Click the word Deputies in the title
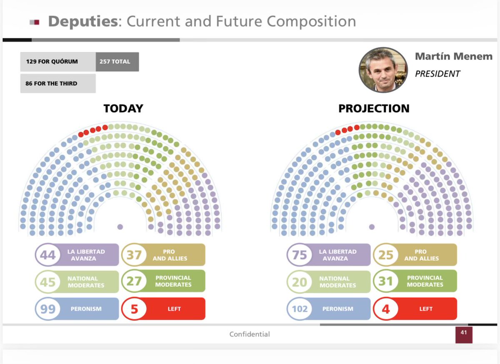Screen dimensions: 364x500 (x=82, y=21)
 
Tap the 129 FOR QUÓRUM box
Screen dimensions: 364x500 (x=57, y=62)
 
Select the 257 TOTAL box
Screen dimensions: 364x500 (x=117, y=62)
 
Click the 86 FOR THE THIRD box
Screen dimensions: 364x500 (x=57, y=83)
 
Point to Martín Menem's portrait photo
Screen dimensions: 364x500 (x=383, y=70)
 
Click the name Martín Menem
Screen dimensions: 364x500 (x=453, y=56)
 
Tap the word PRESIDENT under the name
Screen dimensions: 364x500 (x=437, y=74)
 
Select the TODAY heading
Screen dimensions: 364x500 (x=123, y=109)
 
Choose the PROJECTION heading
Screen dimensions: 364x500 (x=374, y=109)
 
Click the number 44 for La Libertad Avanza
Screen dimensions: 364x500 (x=48, y=255)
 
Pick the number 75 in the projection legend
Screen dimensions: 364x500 (x=300, y=255)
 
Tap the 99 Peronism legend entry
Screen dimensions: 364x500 (x=77, y=309)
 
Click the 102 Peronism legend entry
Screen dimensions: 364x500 (x=328, y=309)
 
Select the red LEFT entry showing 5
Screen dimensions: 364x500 (x=163, y=309)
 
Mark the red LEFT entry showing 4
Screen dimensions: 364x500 (x=415, y=309)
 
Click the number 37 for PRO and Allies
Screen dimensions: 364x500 (x=134, y=255)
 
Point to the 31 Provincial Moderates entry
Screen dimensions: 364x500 (x=415, y=282)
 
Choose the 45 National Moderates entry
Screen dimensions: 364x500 (x=77, y=282)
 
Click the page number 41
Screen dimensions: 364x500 (x=464, y=333)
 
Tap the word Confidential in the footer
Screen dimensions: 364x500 (x=250, y=334)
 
